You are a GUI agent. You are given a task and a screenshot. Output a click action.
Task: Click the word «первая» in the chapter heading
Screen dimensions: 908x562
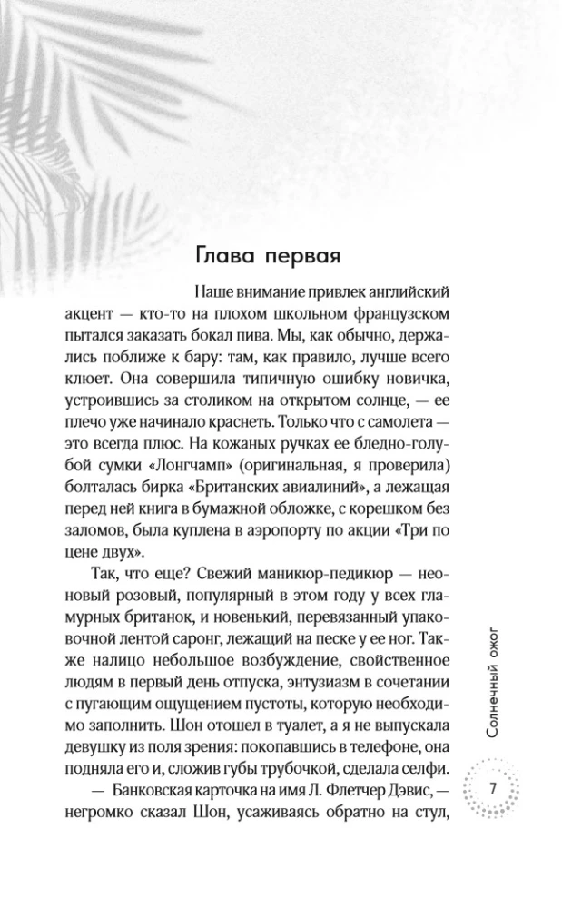tap(302, 257)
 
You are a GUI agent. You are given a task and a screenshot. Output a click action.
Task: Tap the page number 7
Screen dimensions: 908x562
tap(492, 786)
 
